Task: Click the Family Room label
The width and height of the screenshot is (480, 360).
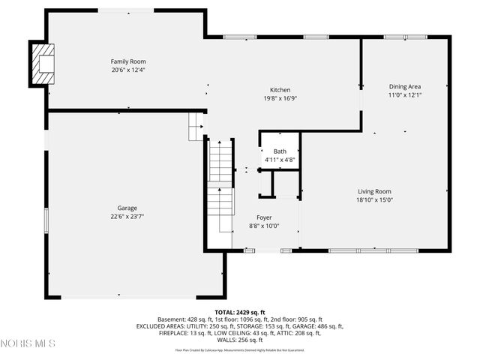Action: (x=128, y=61)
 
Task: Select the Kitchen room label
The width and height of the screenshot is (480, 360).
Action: (x=280, y=90)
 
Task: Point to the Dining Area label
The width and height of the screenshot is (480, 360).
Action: (x=405, y=86)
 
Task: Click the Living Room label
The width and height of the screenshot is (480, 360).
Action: (x=374, y=191)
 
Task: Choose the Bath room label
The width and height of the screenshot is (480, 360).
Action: (x=280, y=151)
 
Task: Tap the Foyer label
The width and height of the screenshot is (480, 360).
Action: (x=264, y=217)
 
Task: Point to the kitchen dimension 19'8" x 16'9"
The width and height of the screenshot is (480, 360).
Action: (x=280, y=98)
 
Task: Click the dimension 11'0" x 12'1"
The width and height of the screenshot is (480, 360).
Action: (x=405, y=95)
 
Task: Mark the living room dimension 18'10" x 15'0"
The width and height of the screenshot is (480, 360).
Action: (x=374, y=200)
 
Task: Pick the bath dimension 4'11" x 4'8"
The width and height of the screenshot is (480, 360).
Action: (x=280, y=160)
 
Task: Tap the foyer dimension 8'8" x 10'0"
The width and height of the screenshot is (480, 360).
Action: (x=264, y=226)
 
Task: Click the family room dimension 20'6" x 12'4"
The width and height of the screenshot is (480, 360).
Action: (x=128, y=70)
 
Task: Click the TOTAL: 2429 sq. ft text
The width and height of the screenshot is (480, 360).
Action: (x=240, y=311)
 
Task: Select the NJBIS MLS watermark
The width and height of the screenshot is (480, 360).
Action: (x=28, y=343)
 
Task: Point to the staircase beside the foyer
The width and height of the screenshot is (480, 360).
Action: (x=221, y=187)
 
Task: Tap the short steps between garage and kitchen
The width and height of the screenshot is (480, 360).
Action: (x=196, y=126)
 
